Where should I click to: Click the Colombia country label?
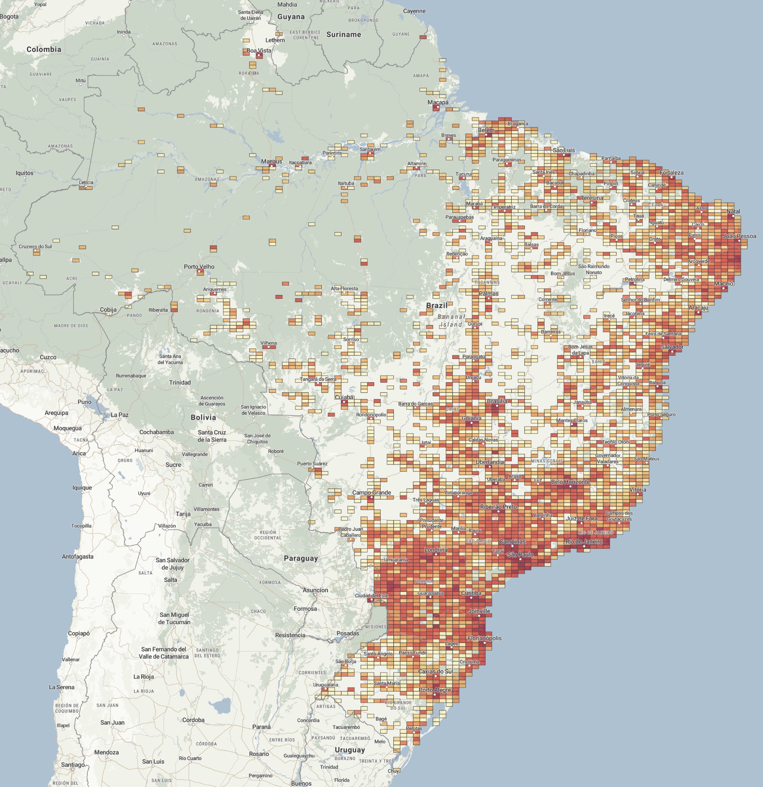(x=44, y=49)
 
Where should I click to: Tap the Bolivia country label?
(x=203, y=417)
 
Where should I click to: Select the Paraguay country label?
(x=301, y=558)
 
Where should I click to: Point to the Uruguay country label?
(x=350, y=750)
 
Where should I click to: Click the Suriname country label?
(x=344, y=34)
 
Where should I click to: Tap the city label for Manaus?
(x=272, y=161)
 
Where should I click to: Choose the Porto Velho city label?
(x=199, y=267)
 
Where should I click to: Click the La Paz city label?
(x=120, y=415)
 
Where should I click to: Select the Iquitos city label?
(x=24, y=173)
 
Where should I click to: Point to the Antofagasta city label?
(x=78, y=557)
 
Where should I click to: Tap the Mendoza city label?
(x=106, y=752)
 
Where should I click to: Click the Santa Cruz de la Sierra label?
(x=212, y=436)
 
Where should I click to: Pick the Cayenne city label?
(x=414, y=11)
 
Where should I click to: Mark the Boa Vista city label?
(x=259, y=51)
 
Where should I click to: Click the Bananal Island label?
(x=451, y=320)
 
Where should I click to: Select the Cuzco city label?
(x=48, y=357)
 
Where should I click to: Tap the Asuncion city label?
(x=315, y=590)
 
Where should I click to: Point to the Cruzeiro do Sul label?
(x=35, y=247)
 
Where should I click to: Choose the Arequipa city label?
(x=56, y=413)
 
